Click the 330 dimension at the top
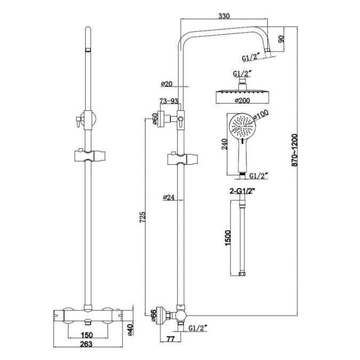pyautogui.click(x=224, y=17)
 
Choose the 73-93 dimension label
pyautogui.click(x=167, y=101)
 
